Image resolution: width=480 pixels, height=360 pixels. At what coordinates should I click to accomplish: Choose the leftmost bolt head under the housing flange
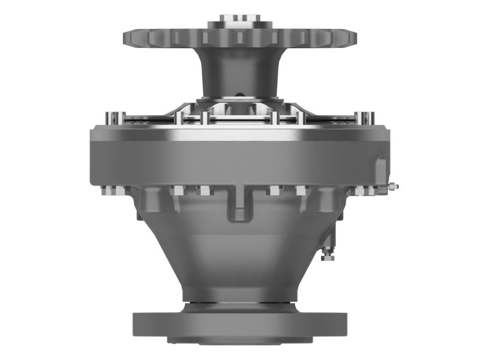pos(107,192)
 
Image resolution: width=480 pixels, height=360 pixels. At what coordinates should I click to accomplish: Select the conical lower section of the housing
pos(239,252)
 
